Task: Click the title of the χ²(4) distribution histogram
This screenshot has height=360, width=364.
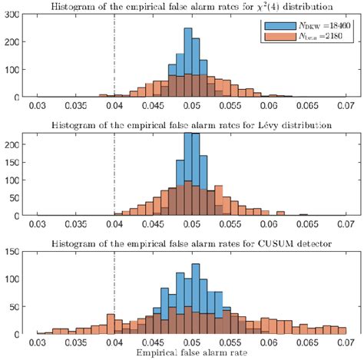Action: click(x=192, y=7)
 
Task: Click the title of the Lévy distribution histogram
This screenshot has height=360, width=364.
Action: click(x=192, y=125)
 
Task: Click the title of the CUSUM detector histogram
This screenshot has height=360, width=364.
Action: click(x=192, y=243)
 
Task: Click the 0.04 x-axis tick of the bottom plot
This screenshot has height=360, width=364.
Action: click(x=114, y=342)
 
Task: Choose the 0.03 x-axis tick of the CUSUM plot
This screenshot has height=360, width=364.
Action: click(x=35, y=342)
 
